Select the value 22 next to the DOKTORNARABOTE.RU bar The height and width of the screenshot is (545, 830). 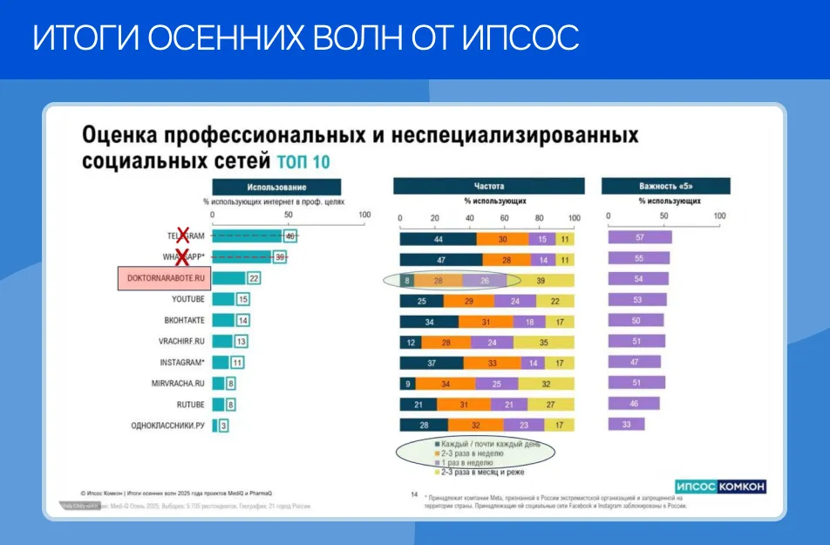pos(254,278)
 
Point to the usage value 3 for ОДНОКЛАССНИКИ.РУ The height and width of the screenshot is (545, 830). pos(224,426)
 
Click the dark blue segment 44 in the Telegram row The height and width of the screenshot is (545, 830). pos(438,239)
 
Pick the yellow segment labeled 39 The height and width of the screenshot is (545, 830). pos(541,281)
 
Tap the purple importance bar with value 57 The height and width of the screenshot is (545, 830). pos(639,237)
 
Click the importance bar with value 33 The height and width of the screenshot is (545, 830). pos(625,425)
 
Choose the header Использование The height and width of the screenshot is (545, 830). pos(276,187)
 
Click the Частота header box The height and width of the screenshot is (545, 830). pos(488,186)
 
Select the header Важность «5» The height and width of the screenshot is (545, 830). pos(665,186)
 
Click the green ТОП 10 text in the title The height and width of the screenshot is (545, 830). pos(303,162)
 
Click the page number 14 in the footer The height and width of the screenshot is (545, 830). pos(414,494)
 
